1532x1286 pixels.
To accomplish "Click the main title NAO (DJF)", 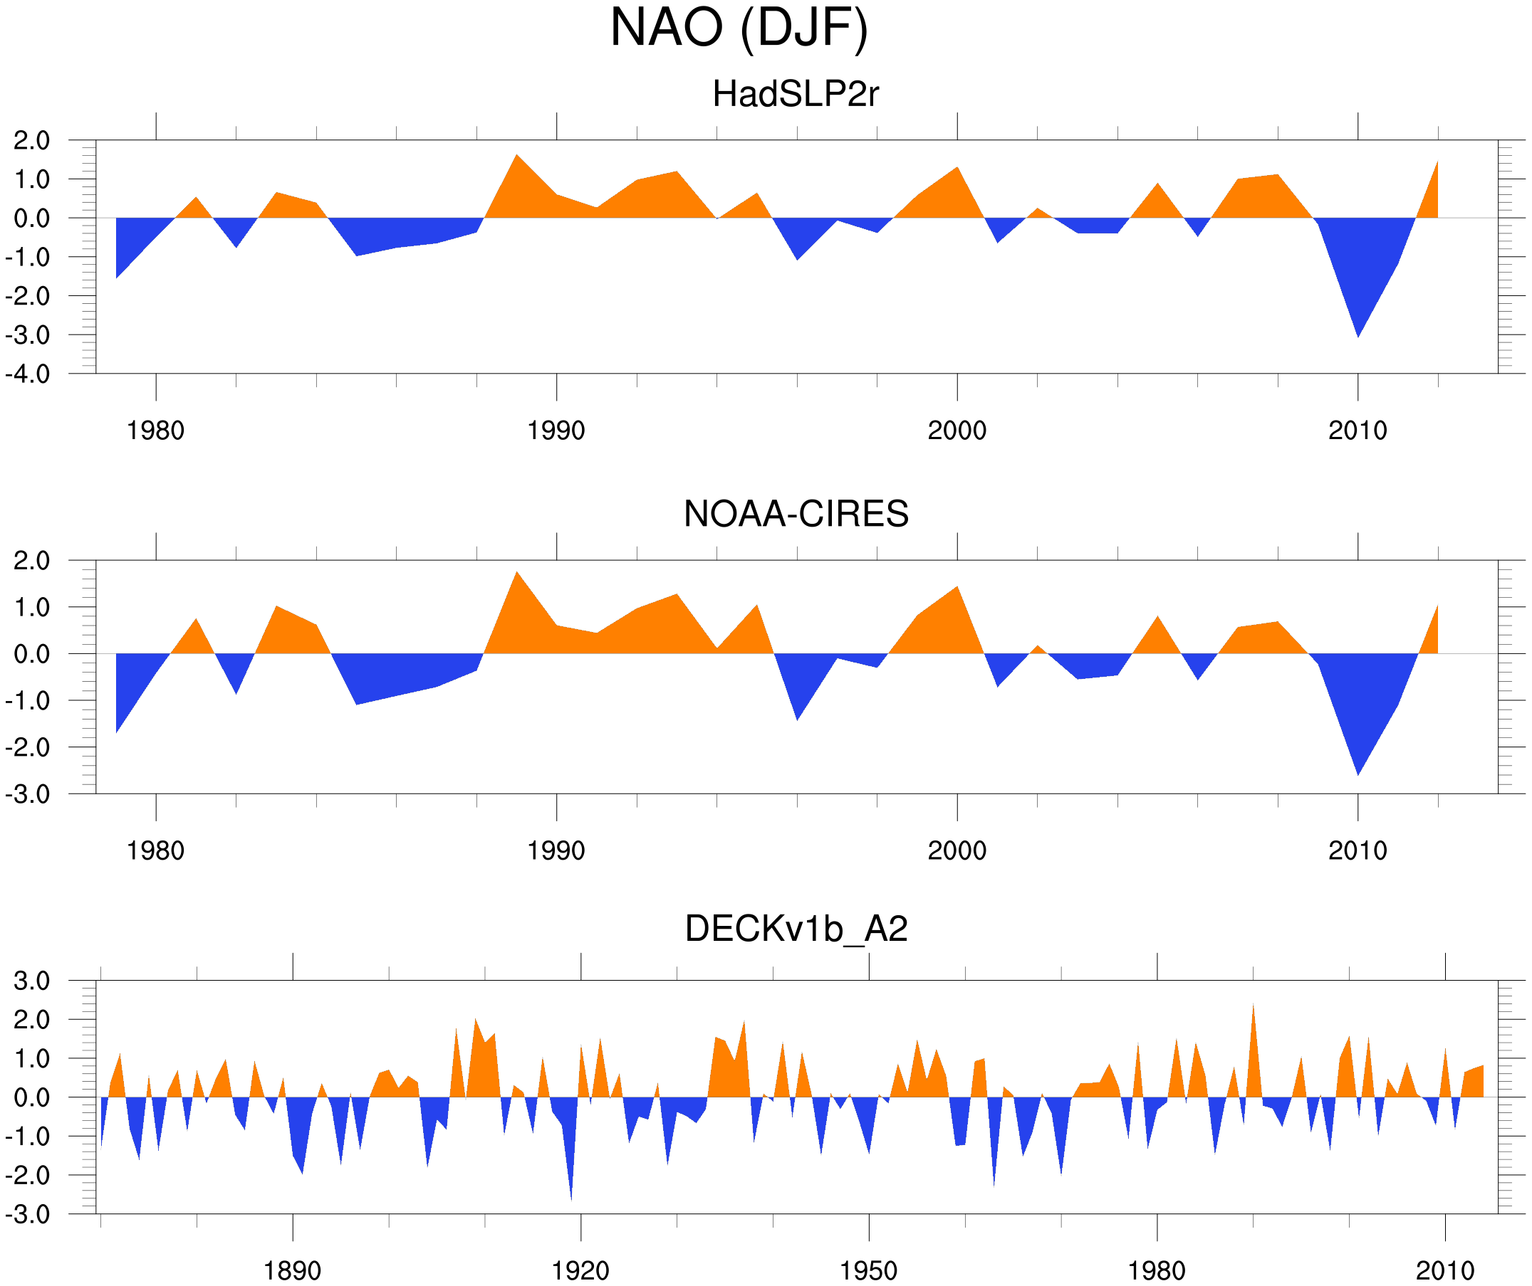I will (739, 28).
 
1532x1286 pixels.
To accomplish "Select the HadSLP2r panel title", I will (795, 94).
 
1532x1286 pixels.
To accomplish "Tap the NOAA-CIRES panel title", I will (796, 514).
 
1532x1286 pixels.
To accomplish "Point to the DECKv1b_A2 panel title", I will (796, 929).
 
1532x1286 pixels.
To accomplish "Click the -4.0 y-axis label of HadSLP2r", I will (28, 375).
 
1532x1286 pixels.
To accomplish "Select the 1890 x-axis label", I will (292, 1270).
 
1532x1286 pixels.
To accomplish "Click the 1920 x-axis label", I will (580, 1270).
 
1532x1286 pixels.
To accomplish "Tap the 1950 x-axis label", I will (868, 1270).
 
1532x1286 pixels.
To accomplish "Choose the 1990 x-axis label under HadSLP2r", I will (556, 431).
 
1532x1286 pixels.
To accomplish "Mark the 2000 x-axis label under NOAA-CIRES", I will (957, 850).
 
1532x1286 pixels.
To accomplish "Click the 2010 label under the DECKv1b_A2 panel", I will (1444, 1270).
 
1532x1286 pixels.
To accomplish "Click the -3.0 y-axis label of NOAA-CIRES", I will (28, 795).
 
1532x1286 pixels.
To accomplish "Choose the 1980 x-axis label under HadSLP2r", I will (155, 431).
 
